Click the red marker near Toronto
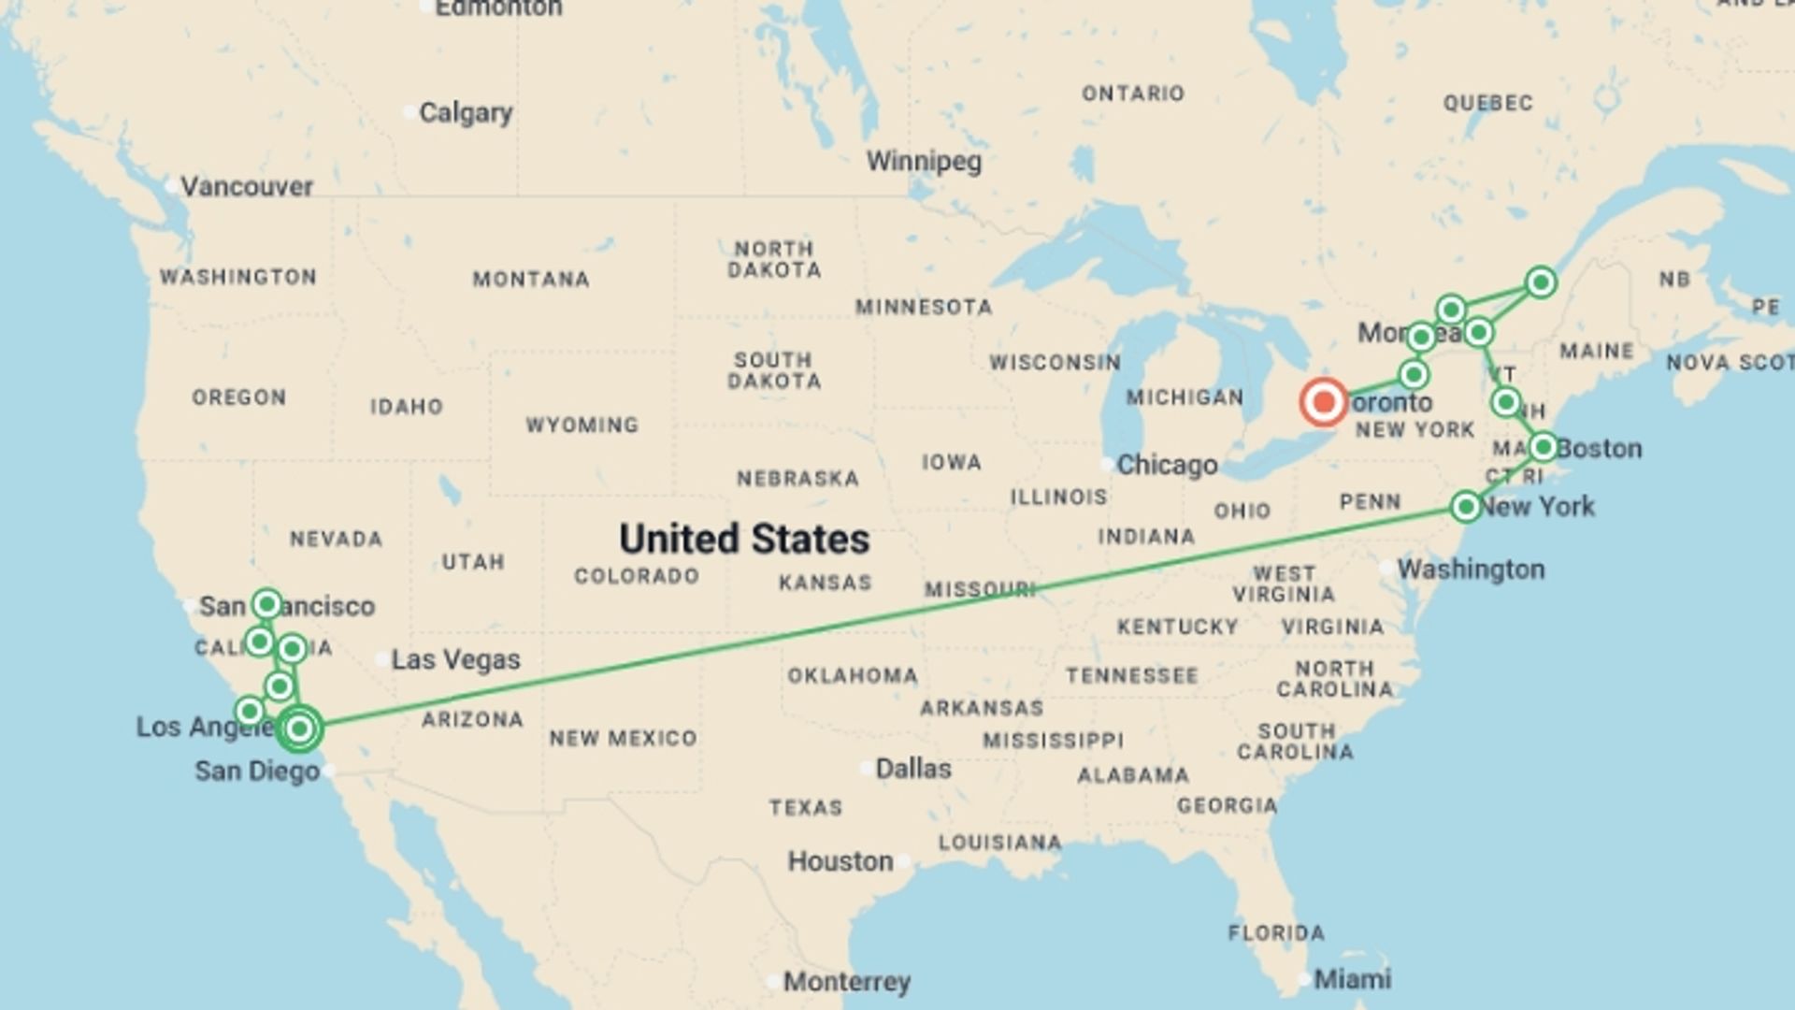tap(1323, 402)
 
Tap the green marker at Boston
tap(1543, 447)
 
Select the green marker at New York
tap(1465, 507)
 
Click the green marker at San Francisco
tap(266, 604)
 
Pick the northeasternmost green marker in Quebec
tap(1541, 281)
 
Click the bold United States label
tap(744, 539)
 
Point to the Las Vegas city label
tap(455, 659)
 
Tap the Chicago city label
tap(1167, 465)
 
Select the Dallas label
tap(912, 769)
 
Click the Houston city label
tap(840, 861)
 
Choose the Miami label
tap(1352, 979)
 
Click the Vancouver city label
tap(246, 187)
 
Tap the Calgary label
tap(465, 113)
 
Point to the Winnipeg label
tap(924, 162)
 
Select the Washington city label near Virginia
tap(1470, 569)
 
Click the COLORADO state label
tap(637, 576)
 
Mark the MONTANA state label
tap(530, 279)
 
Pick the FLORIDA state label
tap(1276, 932)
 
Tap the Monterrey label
tap(846, 982)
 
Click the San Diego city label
tap(257, 772)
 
